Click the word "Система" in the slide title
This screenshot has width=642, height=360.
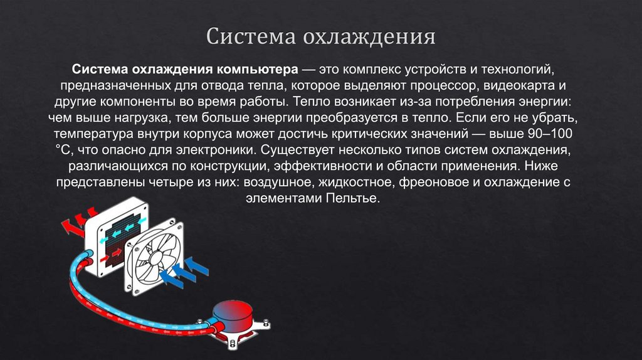248,36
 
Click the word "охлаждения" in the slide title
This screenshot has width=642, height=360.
370,36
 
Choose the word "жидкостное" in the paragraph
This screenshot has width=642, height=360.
357,183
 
